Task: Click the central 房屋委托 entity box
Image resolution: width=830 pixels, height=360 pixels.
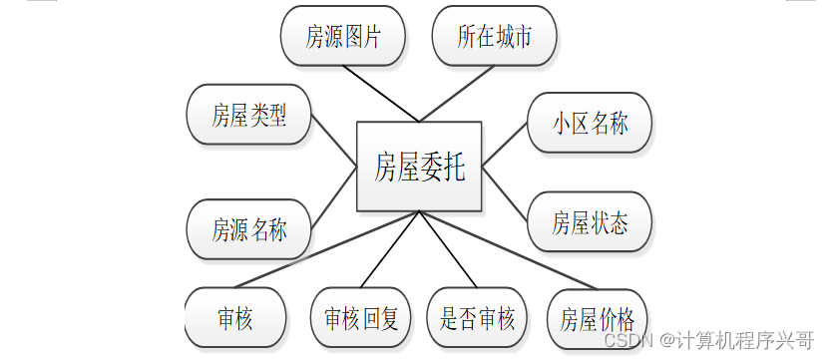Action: [419, 167]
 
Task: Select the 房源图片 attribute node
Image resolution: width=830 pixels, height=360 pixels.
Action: [343, 37]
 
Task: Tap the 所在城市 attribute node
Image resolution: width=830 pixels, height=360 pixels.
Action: [494, 37]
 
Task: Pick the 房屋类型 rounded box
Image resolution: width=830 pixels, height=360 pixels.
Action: [248, 115]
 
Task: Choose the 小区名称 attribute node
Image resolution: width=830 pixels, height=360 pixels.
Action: [590, 124]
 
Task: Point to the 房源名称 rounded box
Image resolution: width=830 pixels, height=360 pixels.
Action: [248, 229]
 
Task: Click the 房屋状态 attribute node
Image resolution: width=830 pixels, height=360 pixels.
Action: [590, 222]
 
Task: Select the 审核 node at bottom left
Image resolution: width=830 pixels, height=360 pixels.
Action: [235, 318]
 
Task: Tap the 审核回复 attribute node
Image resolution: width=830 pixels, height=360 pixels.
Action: [361, 318]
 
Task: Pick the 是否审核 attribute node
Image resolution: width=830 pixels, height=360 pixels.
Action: [477, 318]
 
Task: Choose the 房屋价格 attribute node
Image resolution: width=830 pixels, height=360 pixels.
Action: [597, 319]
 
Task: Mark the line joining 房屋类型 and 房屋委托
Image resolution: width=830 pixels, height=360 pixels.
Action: [334, 140]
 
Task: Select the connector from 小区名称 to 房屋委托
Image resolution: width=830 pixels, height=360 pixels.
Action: [505, 144]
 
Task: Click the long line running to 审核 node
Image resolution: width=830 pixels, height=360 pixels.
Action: [319, 249]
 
